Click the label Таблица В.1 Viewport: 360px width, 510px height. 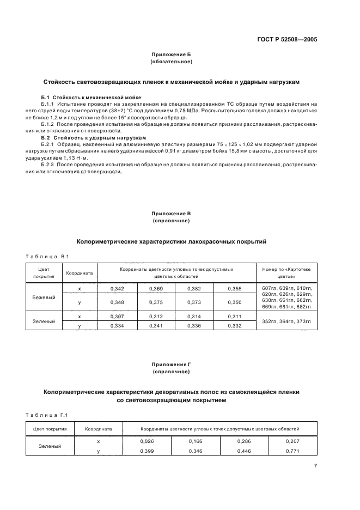point(47,256)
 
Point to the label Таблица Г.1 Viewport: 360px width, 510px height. point(47,416)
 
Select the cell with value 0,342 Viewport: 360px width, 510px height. point(117,288)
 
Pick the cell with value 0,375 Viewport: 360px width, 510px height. point(156,302)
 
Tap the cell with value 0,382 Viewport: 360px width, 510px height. point(194,288)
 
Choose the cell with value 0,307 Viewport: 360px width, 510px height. point(117,316)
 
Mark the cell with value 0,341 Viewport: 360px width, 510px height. point(156,325)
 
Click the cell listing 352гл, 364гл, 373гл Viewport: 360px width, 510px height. point(286,321)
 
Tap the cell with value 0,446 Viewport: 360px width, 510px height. point(245,451)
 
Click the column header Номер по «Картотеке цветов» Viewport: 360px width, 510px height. point(286,272)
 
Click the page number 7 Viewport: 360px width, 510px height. point(315,465)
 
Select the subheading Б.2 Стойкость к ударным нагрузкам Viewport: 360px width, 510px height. point(82,138)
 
